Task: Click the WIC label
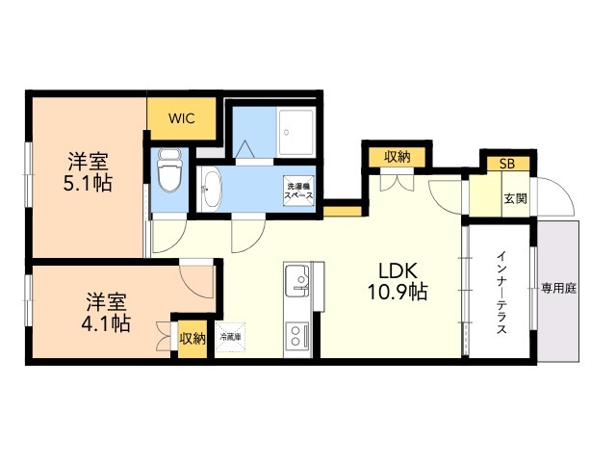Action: [x=182, y=118]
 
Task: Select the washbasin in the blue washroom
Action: [x=212, y=189]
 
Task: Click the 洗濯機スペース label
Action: [x=297, y=189]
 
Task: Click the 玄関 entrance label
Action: [x=515, y=198]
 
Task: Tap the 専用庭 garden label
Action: [x=558, y=287]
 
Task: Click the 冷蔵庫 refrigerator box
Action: [x=231, y=337]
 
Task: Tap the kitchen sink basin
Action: [x=298, y=279]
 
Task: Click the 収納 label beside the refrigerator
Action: [x=192, y=338]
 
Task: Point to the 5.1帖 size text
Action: [x=89, y=181]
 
